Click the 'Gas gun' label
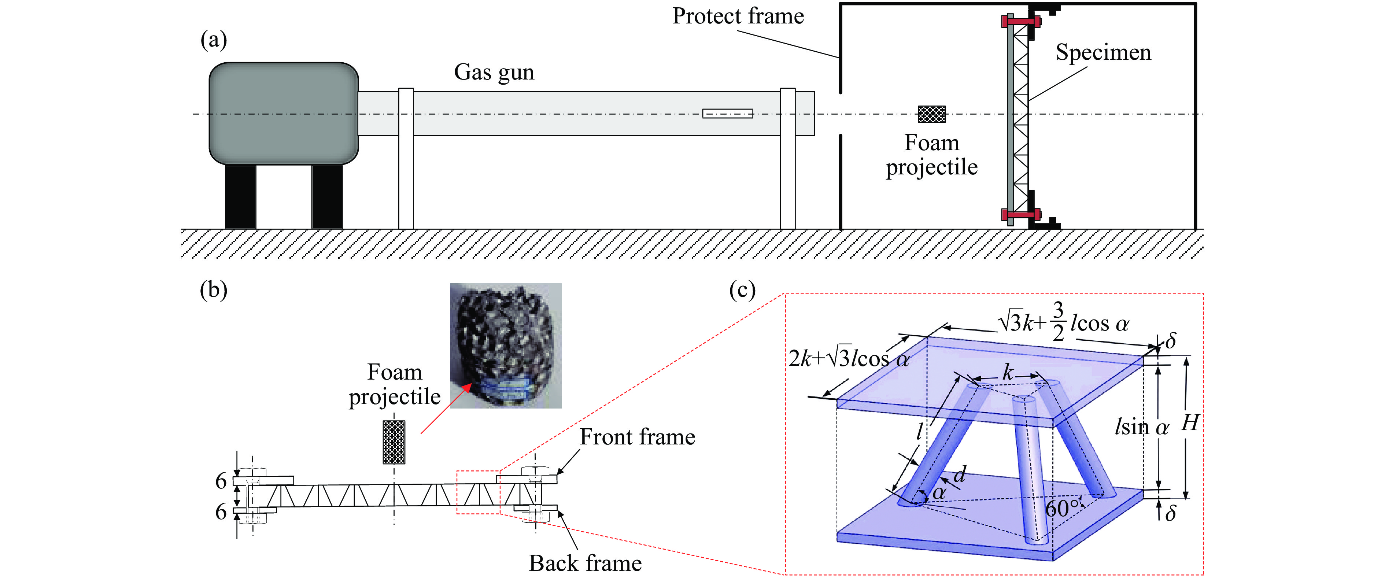(x=494, y=72)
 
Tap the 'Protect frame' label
(x=738, y=16)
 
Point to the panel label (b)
(x=214, y=290)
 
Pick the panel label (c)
(x=742, y=290)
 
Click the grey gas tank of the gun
(x=283, y=113)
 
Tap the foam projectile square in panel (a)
(x=931, y=114)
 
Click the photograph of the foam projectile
(x=505, y=345)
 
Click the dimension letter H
(x=1189, y=423)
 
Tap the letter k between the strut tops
(x=1008, y=372)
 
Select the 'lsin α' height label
(x=1141, y=427)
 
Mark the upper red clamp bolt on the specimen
(x=1020, y=22)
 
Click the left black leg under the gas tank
(x=240, y=197)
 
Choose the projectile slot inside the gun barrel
(x=727, y=114)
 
